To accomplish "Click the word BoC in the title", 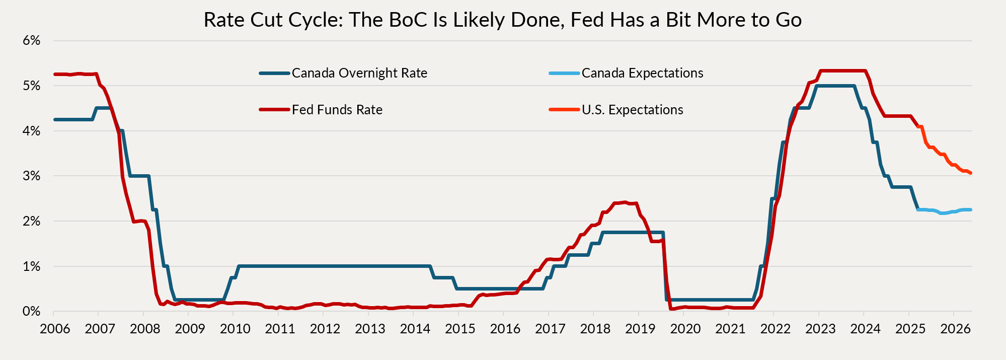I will click(x=396, y=20).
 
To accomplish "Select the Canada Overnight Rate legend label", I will click(x=359, y=74).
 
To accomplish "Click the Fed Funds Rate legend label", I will click(x=337, y=110).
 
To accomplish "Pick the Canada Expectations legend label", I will click(x=642, y=74).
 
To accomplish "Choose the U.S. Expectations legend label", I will click(x=632, y=110).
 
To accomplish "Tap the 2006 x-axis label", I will click(x=55, y=329).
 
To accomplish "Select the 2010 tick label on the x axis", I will click(x=235, y=329).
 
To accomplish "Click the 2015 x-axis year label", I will click(x=460, y=329).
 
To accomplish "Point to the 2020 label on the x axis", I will click(x=685, y=329).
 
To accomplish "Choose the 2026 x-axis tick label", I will click(x=955, y=329).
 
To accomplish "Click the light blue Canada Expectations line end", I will click(x=970, y=209).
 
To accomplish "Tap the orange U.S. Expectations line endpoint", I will click(x=970, y=173).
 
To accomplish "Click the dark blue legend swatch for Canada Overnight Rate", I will click(x=275, y=74).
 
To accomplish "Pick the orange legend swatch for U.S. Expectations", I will click(x=564, y=110).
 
